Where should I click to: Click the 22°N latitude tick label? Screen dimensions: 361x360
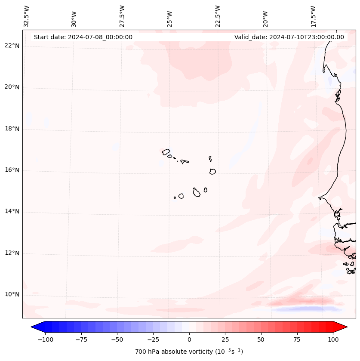click(x=12, y=46)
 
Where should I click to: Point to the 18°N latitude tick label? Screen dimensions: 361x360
click(x=12, y=129)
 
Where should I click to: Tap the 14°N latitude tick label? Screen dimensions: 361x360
click(x=12, y=212)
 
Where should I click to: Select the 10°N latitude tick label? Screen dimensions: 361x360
click(x=12, y=295)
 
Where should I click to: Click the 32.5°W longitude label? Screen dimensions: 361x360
click(x=27, y=16)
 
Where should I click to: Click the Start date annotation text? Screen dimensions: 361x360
click(x=83, y=37)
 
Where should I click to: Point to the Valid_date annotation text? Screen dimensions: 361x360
click(x=289, y=37)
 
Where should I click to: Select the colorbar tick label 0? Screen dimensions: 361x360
click(x=189, y=339)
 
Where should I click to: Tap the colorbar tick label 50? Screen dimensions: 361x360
click(x=261, y=339)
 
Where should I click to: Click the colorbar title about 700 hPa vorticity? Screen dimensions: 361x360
click(x=189, y=352)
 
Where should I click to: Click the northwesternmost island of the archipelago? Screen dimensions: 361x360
click(x=166, y=152)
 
